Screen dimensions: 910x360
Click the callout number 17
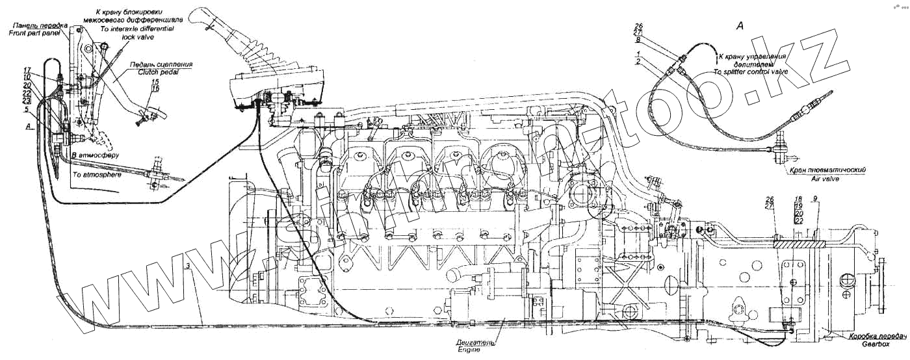(27, 70)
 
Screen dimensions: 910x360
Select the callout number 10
(27, 77)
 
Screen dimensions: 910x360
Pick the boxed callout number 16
(155, 88)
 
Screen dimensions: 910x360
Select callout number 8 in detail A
(639, 40)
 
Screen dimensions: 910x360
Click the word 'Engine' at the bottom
(468, 349)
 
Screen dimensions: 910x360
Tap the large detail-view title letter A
(739, 26)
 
